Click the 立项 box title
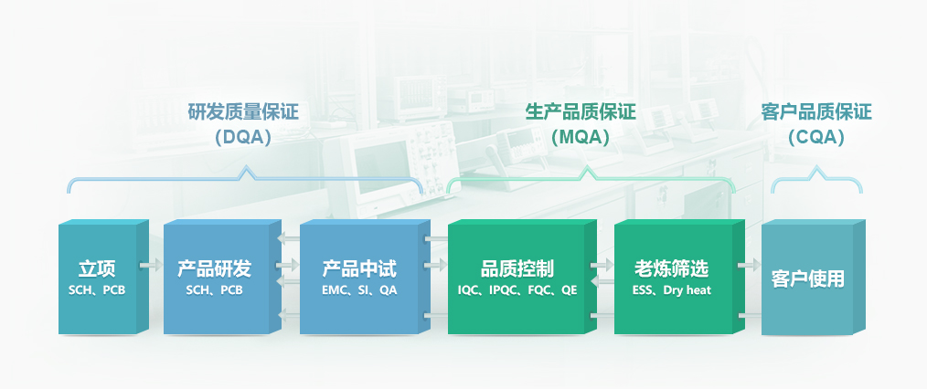97,269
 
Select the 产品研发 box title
214,269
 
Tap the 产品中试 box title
359,269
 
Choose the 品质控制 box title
517,269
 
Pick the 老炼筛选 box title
672,269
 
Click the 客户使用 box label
808,279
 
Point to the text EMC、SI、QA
359,290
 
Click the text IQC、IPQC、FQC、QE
517,290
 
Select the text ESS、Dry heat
672,290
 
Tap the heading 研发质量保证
243,112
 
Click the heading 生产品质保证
581,112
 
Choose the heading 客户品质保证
816,112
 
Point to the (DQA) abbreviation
243,138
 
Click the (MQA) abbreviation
581,138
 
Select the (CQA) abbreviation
816,138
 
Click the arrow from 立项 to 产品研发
152,266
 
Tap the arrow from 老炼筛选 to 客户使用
749,266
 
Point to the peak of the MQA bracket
587,167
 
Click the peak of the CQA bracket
817,167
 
